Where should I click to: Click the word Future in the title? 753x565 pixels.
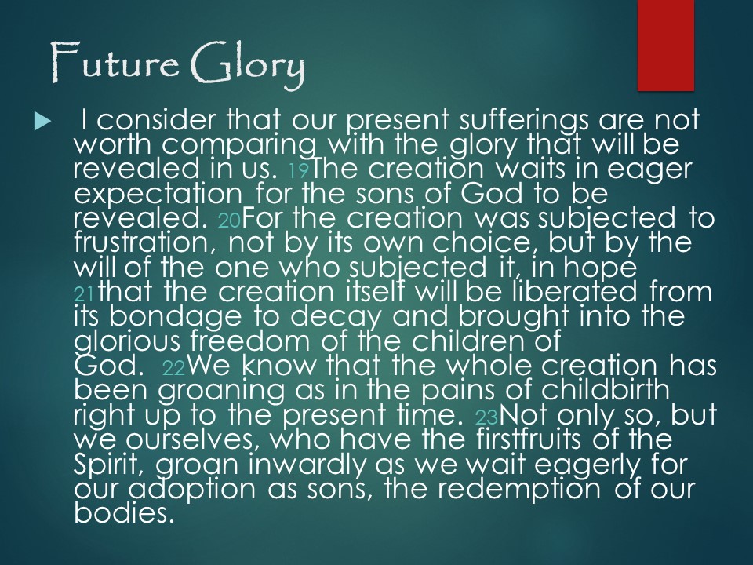(115, 63)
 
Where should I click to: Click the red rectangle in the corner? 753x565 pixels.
(666, 46)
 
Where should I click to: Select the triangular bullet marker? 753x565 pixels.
(42, 122)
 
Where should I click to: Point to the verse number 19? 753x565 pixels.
(300, 170)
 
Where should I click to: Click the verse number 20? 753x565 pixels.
(230, 220)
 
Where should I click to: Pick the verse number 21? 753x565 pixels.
(85, 294)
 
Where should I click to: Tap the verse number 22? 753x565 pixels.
(174, 368)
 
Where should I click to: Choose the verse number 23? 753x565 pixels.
(487, 417)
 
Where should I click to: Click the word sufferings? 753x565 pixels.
(523, 120)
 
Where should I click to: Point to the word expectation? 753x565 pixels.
(158, 195)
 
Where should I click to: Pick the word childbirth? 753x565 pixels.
(606, 390)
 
